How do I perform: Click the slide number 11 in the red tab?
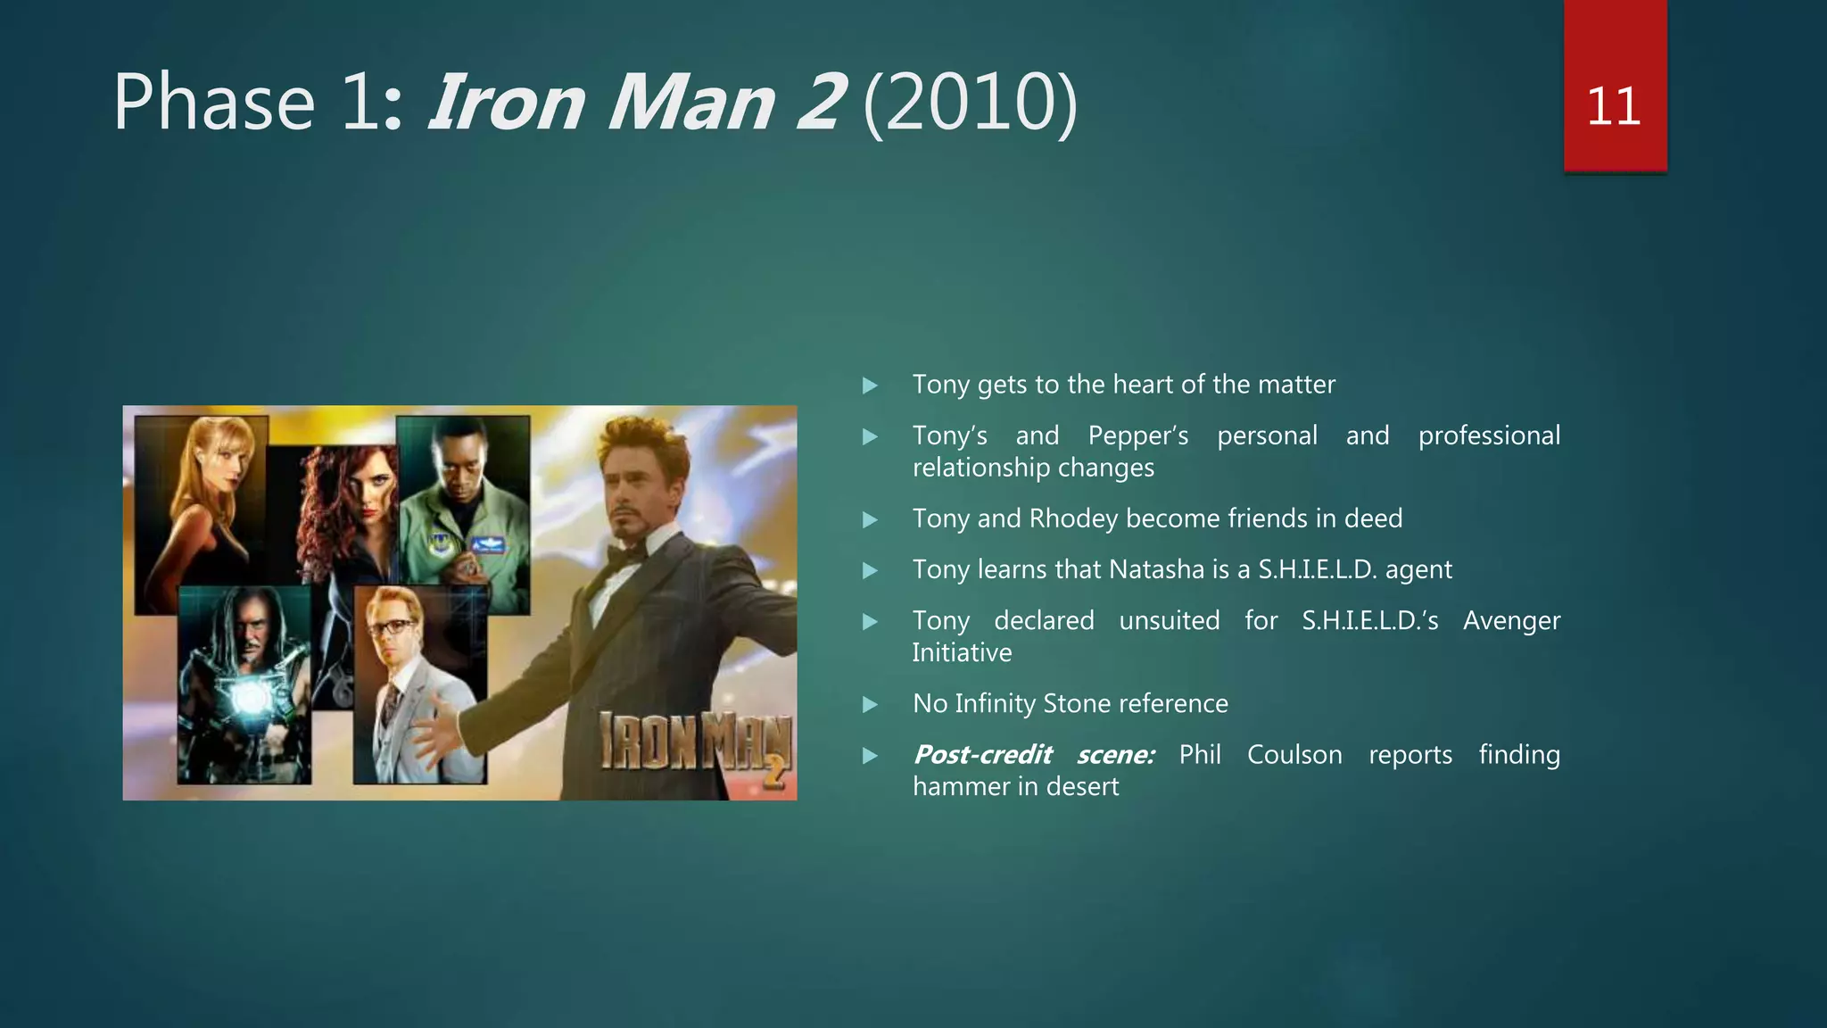tap(1614, 107)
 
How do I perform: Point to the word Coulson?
tap(1294, 755)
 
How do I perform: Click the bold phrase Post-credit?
tap(982, 755)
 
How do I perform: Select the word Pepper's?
tap(1137, 435)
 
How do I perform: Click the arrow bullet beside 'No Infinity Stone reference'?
tap(870, 705)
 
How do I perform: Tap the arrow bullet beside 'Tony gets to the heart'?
tap(870, 385)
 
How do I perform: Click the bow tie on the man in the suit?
tap(626, 556)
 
